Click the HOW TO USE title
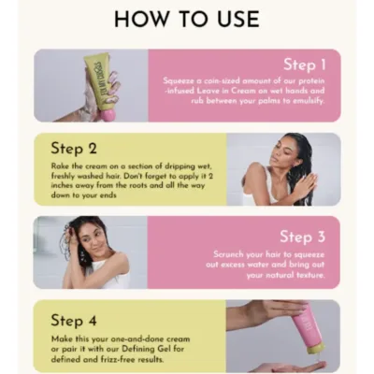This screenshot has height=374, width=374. (186, 19)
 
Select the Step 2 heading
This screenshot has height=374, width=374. (74, 148)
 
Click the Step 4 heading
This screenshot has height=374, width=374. (74, 319)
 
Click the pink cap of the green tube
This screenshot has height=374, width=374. (109, 107)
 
